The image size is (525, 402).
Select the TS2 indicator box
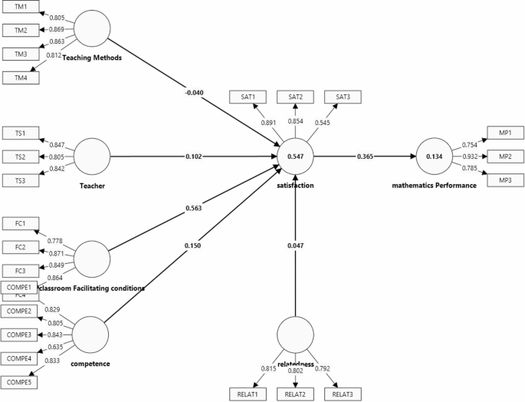pos(21,157)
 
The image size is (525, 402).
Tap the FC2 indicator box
pos(21,247)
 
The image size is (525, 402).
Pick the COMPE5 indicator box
pos(22,381)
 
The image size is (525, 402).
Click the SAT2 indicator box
pos(295,97)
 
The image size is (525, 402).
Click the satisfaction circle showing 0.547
pos(295,157)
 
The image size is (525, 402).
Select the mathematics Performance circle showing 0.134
pos(434,157)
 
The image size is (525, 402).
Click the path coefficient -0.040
pos(195,94)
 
